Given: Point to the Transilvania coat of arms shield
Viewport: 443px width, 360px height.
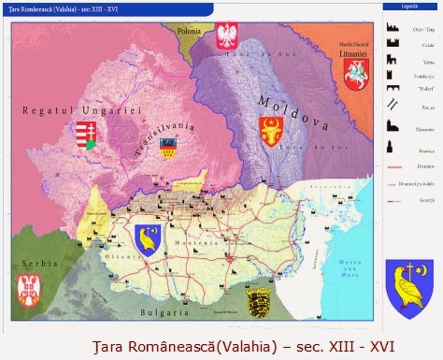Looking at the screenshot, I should point(169,146).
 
